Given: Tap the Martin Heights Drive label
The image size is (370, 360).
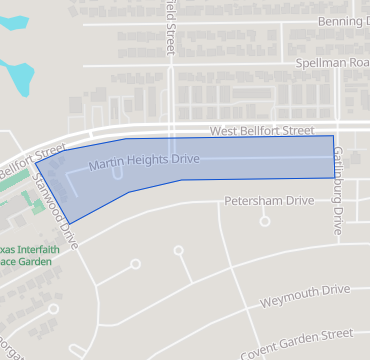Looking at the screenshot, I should click(144, 160).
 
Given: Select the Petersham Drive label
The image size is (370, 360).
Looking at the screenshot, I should click(268, 200).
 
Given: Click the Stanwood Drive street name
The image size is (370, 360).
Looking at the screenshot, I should click(55, 200).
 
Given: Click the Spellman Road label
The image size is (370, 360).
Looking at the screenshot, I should click(332, 63).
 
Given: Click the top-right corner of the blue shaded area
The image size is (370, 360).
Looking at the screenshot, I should click(332, 136).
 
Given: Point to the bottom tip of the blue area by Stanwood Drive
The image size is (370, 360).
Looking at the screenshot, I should click(68, 223).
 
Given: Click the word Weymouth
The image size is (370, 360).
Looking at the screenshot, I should click(291, 299).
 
